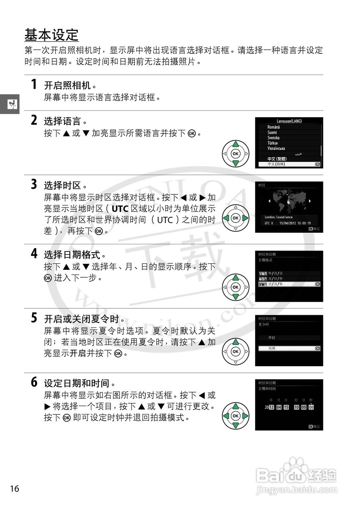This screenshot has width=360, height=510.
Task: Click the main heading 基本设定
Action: click(51, 35)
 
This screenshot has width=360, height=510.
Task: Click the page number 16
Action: click(15, 488)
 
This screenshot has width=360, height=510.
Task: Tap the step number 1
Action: click(35, 84)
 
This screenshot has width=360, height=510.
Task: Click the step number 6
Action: click(35, 383)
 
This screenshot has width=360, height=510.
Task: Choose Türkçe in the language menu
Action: click(273, 143)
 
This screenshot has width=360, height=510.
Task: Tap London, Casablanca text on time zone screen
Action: click(279, 217)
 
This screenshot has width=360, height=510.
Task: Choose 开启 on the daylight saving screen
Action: click(271, 337)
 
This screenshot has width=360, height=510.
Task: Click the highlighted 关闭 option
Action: click(271, 348)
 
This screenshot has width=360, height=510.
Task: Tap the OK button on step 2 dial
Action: click(235, 153)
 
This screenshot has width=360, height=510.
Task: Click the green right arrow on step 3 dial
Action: click(245, 218)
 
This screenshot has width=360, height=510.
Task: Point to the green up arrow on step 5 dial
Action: click(235, 342)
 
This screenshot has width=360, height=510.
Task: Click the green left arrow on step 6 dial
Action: click(226, 416)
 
